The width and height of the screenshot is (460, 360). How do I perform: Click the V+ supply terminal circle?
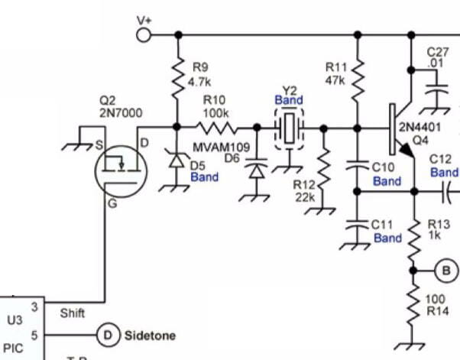[x=143, y=34]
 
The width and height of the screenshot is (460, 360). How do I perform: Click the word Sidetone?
[x=150, y=336]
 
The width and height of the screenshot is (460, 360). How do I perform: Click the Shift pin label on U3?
[x=72, y=313]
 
